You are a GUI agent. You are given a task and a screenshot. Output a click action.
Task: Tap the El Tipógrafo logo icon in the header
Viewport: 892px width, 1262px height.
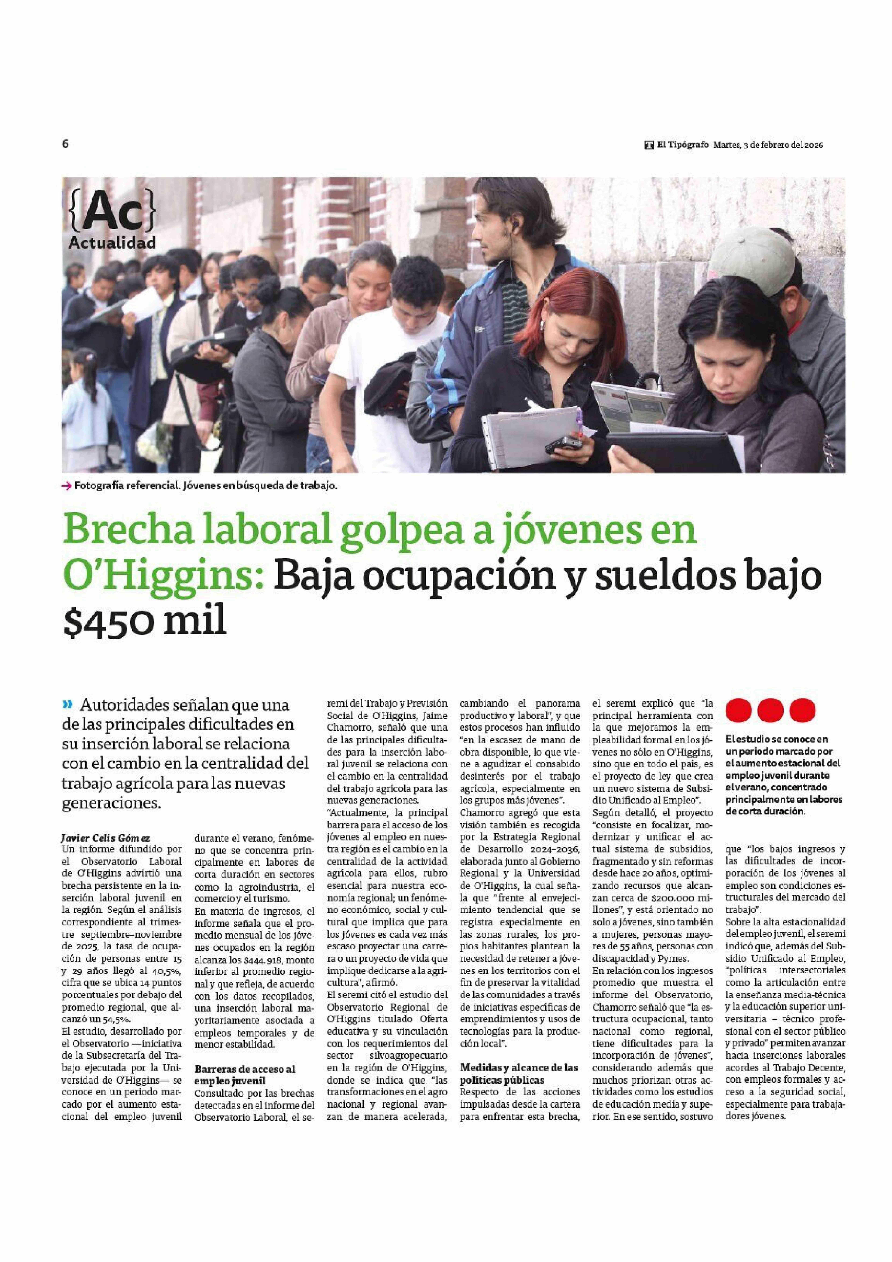click(x=649, y=145)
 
